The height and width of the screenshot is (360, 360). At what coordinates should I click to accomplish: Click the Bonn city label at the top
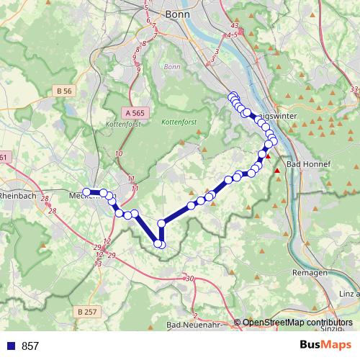(x=176, y=14)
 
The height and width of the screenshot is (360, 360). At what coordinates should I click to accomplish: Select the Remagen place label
(x=310, y=273)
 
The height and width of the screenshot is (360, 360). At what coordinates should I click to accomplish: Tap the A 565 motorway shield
(x=134, y=113)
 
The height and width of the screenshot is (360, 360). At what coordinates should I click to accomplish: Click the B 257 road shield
(x=86, y=310)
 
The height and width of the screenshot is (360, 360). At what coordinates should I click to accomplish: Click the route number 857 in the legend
(x=30, y=346)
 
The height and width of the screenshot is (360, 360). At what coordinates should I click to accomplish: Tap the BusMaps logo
(x=326, y=345)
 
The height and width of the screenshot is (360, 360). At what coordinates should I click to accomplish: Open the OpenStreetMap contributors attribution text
(x=297, y=323)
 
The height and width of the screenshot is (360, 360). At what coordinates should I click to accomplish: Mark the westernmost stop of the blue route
(x=86, y=192)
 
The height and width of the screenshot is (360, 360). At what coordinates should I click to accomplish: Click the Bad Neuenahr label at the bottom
(x=193, y=325)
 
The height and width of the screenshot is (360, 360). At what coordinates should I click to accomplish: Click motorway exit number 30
(x=189, y=279)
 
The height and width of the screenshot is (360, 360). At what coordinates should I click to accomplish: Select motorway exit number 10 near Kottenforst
(x=119, y=154)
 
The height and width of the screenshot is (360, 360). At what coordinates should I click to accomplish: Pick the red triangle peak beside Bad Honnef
(x=276, y=171)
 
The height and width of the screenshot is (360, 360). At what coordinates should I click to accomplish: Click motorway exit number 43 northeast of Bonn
(x=235, y=25)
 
